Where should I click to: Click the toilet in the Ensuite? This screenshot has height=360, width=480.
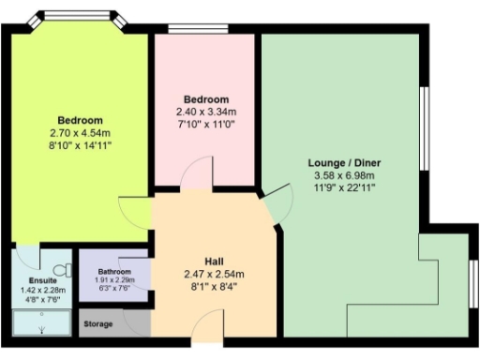[x=63, y=269]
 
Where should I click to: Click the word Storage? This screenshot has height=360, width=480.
[x=98, y=324]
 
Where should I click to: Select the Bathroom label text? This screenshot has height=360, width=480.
[x=113, y=272]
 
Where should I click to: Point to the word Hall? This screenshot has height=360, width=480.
[x=215, y=260]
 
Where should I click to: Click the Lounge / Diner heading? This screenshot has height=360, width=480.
[x=344, y=163]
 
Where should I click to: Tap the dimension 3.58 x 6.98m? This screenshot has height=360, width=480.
[x=344, y=174]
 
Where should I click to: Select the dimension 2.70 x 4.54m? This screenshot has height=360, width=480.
[x=81, y=132]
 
